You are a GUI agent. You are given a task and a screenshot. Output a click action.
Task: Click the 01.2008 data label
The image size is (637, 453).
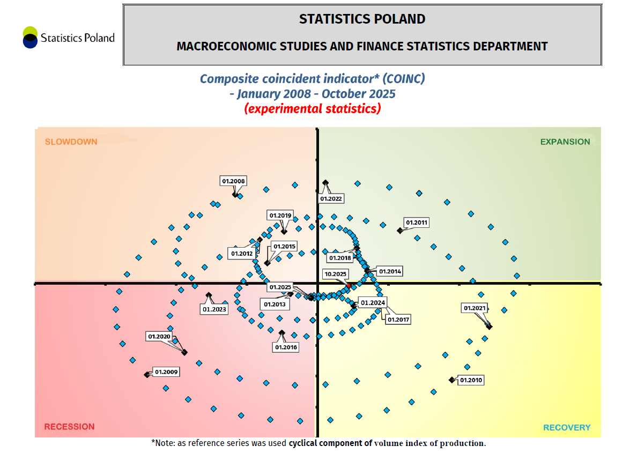coord(233,181)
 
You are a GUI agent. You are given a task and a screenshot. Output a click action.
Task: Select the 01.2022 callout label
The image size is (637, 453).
coord(331,198)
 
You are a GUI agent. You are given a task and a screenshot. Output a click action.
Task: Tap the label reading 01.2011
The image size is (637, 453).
coord(417,222)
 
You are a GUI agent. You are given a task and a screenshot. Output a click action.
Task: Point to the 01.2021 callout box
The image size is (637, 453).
coord(475,308)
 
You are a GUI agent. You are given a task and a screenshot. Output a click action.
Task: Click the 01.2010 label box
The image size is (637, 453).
coord(471,380)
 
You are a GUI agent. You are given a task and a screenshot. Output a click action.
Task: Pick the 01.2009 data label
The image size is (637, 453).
coord(166,371)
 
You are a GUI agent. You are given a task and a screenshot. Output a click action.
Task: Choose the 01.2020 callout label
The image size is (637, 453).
coord(159,336)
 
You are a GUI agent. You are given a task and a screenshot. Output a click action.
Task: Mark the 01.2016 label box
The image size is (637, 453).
coord(286,347)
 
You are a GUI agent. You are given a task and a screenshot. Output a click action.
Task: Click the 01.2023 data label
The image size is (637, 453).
coord(214,309)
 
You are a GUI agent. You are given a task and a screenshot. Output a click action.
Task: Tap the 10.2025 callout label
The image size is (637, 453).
coord(336,274)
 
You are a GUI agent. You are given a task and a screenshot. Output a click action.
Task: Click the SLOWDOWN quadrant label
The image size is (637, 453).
coord(71,142)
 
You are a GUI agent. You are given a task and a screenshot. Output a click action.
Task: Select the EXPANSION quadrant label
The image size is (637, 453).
coord(565,142)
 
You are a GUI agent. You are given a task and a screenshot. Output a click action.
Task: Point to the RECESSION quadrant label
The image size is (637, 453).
coord(69,427)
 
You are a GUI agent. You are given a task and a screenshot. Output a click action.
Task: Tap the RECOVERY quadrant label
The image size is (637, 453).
coord(567,427)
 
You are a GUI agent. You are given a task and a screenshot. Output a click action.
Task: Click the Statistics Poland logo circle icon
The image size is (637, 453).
coord(30,38)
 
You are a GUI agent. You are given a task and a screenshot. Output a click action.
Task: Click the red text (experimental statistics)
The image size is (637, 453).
coord(313,108)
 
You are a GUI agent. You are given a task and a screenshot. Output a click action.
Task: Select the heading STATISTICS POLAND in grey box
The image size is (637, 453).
coord(362,19)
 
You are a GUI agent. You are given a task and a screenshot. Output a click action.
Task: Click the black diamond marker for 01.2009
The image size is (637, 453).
coord(147,375)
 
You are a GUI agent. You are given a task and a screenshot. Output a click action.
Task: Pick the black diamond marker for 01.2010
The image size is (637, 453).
coord(451,380)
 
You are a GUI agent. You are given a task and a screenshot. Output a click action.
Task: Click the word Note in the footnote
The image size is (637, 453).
coord(165,443)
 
